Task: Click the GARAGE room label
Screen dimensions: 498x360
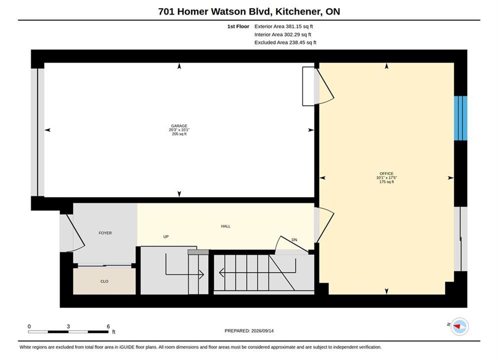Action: [179, 126]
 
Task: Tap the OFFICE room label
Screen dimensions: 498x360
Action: [386, 173]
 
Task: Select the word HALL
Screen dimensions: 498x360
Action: [226, 226]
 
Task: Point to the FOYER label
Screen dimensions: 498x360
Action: [105, 233]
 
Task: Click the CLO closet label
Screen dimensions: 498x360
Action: [104, 281]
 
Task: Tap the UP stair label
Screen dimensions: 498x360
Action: [166, 236]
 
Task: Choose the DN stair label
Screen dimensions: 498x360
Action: [294, 240]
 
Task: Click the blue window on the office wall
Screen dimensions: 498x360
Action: [460, 118]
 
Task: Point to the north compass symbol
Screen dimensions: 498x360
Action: [459, 326]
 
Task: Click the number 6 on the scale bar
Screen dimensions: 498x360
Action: [108, 326]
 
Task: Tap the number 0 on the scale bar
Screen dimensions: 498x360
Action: [29, 326]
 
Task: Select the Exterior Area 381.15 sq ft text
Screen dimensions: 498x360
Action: [284, 26]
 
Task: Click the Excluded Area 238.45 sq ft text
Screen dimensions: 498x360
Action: [285, 42]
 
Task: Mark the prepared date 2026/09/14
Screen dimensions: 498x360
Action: [262, 330]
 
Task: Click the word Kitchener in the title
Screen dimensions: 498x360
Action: [298, 11]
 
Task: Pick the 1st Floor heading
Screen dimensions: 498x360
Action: [238, 26]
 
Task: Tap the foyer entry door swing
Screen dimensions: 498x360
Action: [76, 233]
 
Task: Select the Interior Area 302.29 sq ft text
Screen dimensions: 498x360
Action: [283, 34]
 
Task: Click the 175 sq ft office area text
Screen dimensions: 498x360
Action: [386, 181]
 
